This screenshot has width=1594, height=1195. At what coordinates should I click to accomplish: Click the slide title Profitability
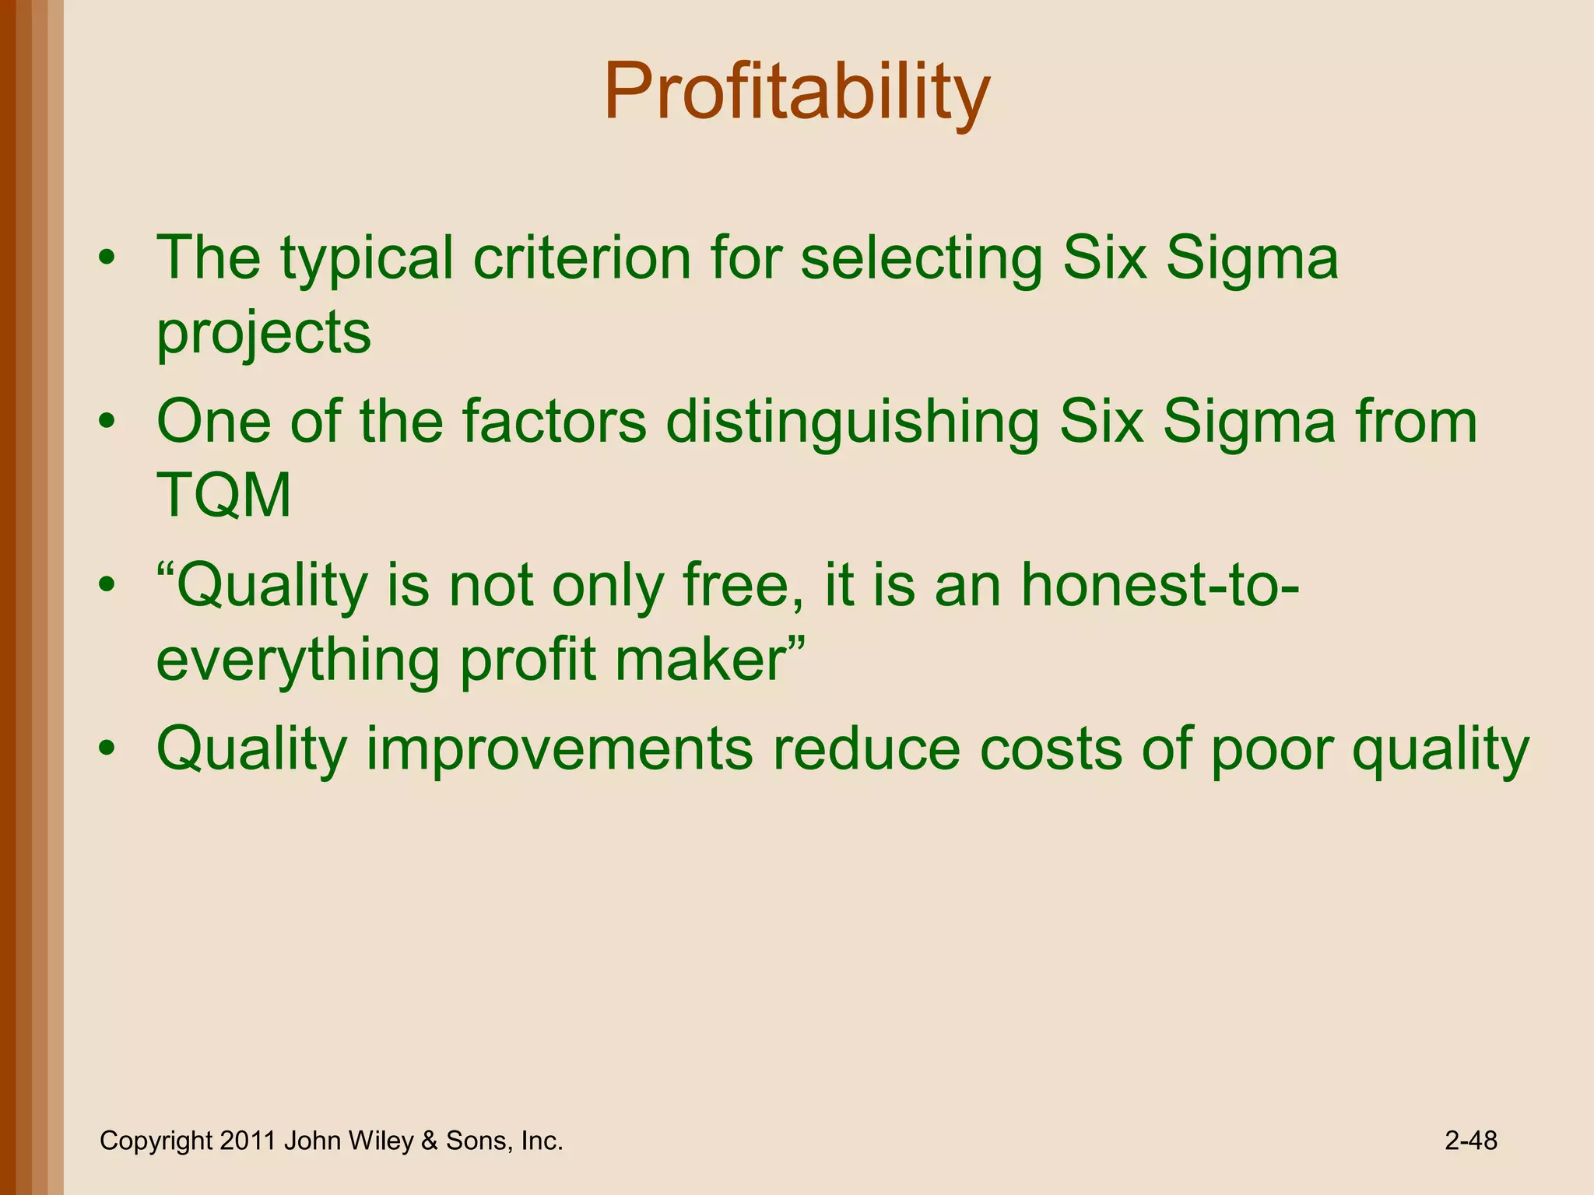(796, 93)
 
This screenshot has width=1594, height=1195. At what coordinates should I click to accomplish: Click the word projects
(264, 333)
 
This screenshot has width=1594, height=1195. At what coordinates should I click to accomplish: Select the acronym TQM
(224, 496)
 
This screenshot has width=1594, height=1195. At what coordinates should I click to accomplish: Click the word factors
(554, 422)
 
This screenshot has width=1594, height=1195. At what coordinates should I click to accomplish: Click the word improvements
(560, 748)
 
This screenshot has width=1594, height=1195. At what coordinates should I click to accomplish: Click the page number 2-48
(1470, 1141)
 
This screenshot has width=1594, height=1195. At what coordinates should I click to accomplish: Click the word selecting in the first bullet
(921, 258)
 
